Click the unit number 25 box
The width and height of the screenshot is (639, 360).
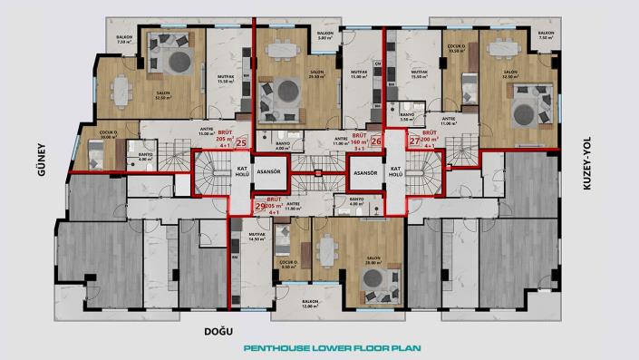[241, 142]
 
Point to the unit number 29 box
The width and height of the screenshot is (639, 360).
[260, 207]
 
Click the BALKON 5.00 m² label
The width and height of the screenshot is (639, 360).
[324, 37]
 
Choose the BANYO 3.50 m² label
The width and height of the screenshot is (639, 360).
[407, 117]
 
